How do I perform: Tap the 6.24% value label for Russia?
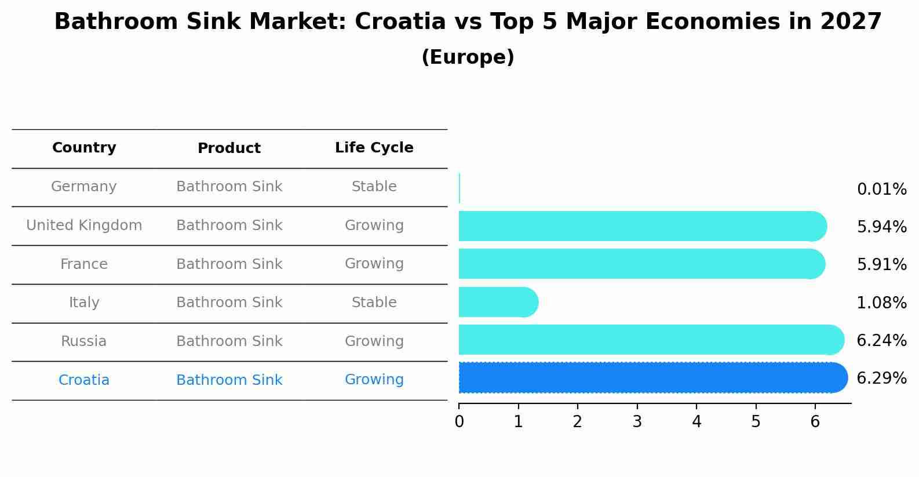[881, 341]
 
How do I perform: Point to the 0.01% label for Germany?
[881, 190]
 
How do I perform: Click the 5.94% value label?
[881, 227]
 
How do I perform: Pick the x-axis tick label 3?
[637, 422]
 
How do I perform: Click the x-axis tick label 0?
[459, 422]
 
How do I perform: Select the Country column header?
[84, 148]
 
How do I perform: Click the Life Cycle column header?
[374, 148]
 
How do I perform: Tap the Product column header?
[229, 148]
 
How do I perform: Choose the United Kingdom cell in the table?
[84, 225]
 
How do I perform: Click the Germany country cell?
[84, 187]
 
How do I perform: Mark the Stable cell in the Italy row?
[374, 303]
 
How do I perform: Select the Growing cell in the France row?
[374, 264]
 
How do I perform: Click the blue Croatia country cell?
[84, 380]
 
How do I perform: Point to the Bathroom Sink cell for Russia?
[229, 341]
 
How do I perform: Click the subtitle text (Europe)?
[468, 57]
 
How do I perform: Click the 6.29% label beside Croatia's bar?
[881, 378]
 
